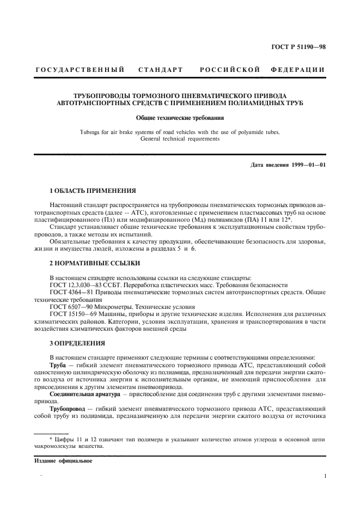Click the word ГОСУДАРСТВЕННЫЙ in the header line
[x=80, y=69]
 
